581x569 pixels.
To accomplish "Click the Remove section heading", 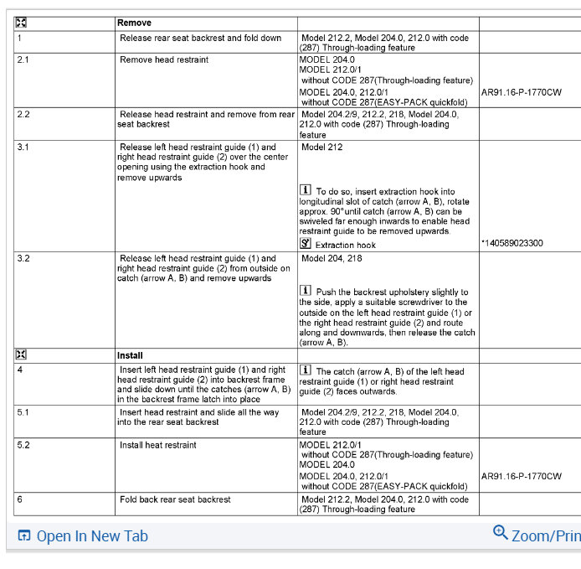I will (135, 23).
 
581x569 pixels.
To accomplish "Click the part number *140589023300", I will (512, 243).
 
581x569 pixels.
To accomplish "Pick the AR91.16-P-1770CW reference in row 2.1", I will (521, 91).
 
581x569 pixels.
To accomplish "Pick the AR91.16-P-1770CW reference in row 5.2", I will (521, 476).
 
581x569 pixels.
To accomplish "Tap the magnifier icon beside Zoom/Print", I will (501, 532).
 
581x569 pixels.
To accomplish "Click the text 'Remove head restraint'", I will (164, 60).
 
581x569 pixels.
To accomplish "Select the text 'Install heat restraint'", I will (158, 445).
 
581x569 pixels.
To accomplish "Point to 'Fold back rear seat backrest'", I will (175, 499).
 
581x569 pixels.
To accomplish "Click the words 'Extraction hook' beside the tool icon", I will (345, 245).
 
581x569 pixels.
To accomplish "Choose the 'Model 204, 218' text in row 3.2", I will (332, 258).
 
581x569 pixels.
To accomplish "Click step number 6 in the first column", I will (19, 499).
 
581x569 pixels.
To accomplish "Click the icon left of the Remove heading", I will (21, 23).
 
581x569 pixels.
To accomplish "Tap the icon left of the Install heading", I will (21, 355).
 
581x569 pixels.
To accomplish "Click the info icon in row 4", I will (306, 370).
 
